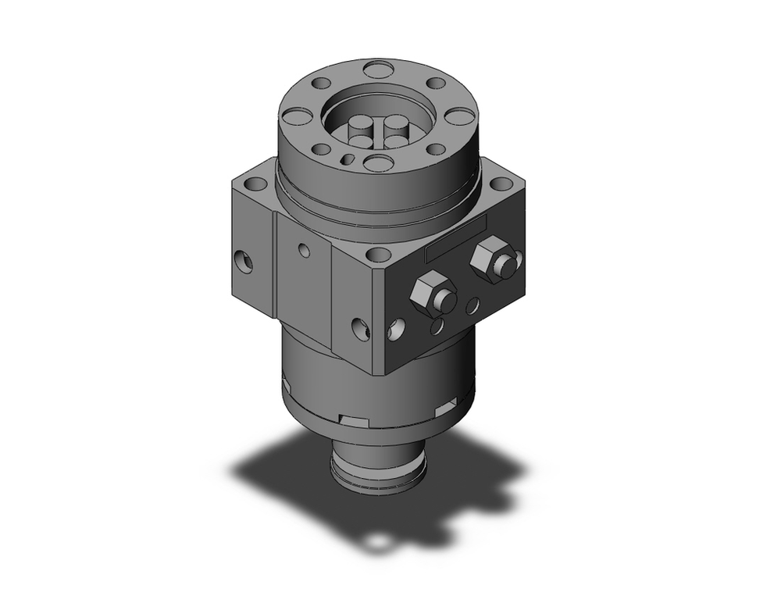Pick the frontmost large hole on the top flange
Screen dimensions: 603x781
click(379, 162)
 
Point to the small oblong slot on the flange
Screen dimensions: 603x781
click(348, 159)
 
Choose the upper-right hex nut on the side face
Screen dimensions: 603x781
click(490, 259)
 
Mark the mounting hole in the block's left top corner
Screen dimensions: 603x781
click(255, 186)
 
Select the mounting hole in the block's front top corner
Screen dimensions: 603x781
click(379, 255)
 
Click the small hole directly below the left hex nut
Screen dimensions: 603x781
click(438, 326)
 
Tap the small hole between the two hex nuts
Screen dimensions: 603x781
click(472, 306)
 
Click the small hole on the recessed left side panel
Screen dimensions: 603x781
click(305, 252)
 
